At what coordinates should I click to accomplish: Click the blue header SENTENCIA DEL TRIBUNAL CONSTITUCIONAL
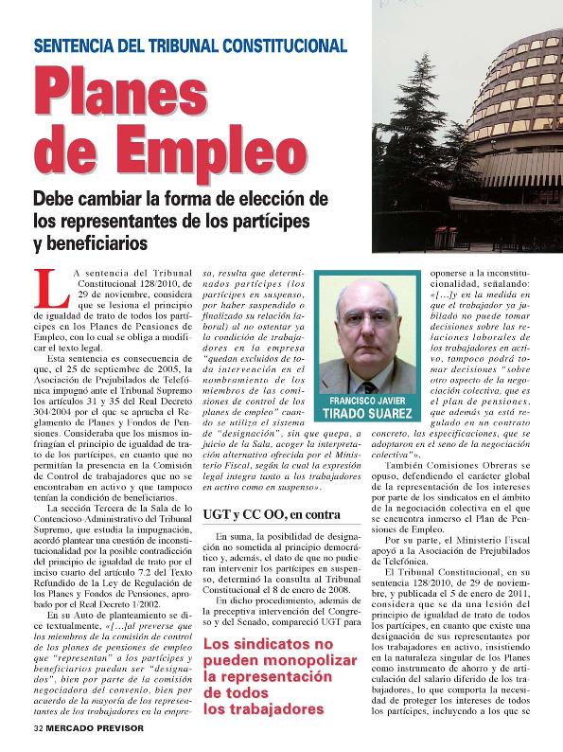[190, 45]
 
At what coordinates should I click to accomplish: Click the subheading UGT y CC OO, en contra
[271, 514]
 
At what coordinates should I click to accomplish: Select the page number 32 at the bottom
[37, 729]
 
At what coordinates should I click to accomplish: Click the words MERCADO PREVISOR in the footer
[105, 729]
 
